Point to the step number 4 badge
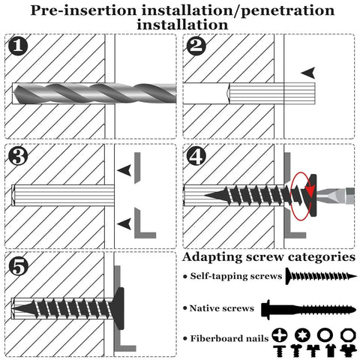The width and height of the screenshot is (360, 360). (197, 157)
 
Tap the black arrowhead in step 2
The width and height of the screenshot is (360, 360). (308, 73)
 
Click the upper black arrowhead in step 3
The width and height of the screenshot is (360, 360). (125, 172)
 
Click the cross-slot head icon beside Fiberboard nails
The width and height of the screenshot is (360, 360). (281, 334)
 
